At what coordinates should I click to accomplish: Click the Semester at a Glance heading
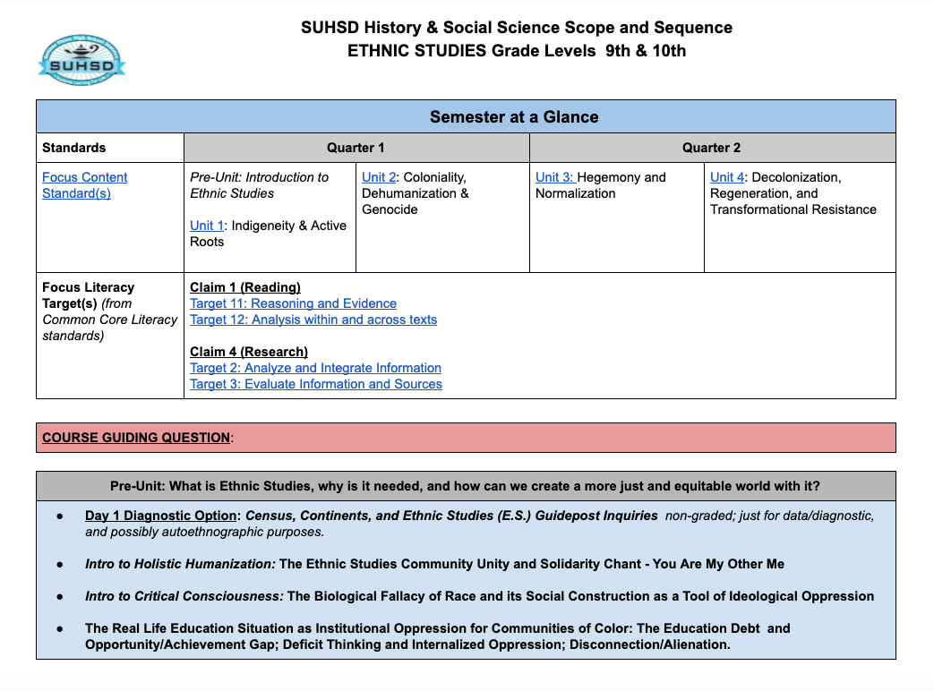[x=514, y=117]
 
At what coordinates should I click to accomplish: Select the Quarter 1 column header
[x=356, y=148]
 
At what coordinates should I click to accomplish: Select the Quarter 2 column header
[x=711, y=148]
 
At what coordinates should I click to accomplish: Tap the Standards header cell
[x=74, y=148]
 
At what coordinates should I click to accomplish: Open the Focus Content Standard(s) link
[x=84, y=185]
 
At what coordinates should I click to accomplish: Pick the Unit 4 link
[x=727, y=177]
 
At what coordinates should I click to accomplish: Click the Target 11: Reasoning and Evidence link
[x=293, y=303]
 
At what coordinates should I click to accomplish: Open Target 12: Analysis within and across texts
[x=313, y=320]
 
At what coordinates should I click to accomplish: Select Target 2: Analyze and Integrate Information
[x=315, y=368]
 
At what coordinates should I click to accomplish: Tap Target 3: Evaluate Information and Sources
[x=316, y=384]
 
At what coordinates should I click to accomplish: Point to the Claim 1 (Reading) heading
[x=244, y=287]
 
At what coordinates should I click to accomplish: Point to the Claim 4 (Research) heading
[x=248, y=352]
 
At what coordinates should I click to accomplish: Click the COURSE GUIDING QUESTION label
[x=136, y=438]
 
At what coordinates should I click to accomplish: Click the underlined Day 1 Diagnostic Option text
[x=162, y=516]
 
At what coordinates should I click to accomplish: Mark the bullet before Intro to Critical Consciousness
[x=60, y=596]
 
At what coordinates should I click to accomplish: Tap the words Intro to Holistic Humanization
[x=180, y=564]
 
